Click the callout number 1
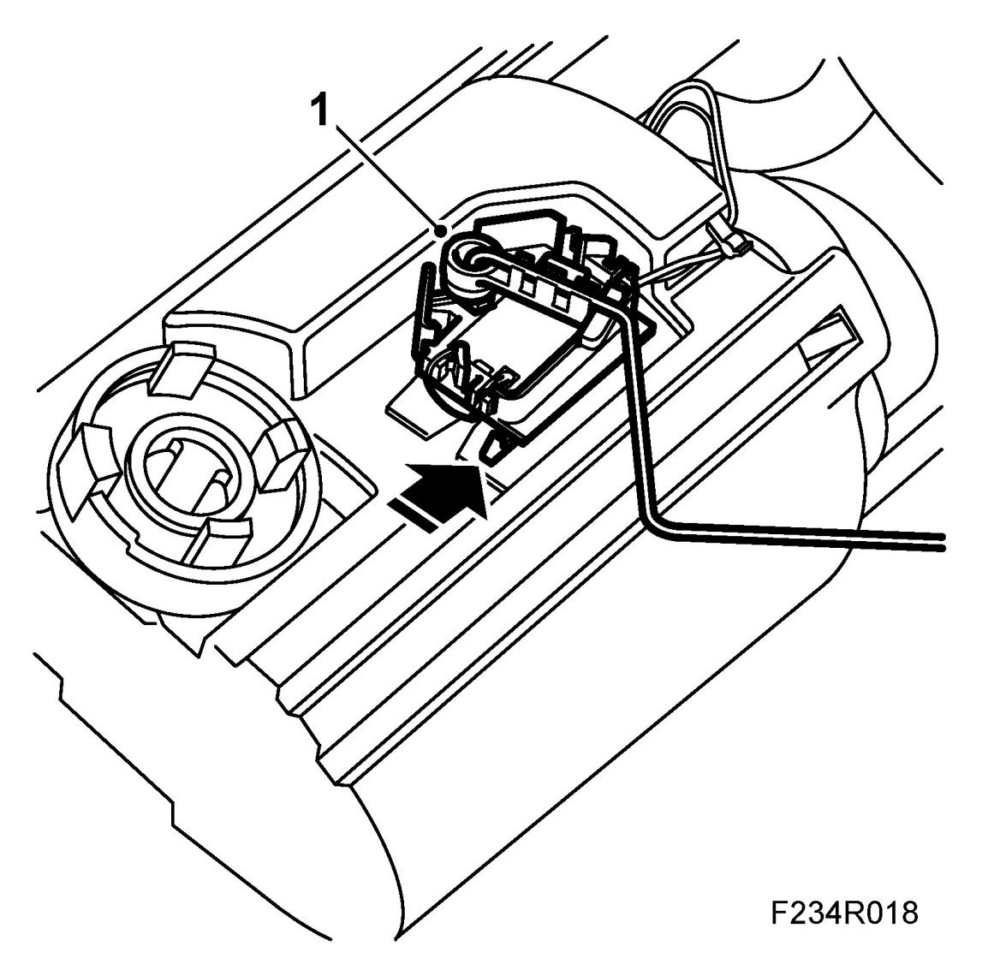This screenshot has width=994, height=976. tap(321, 111)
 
